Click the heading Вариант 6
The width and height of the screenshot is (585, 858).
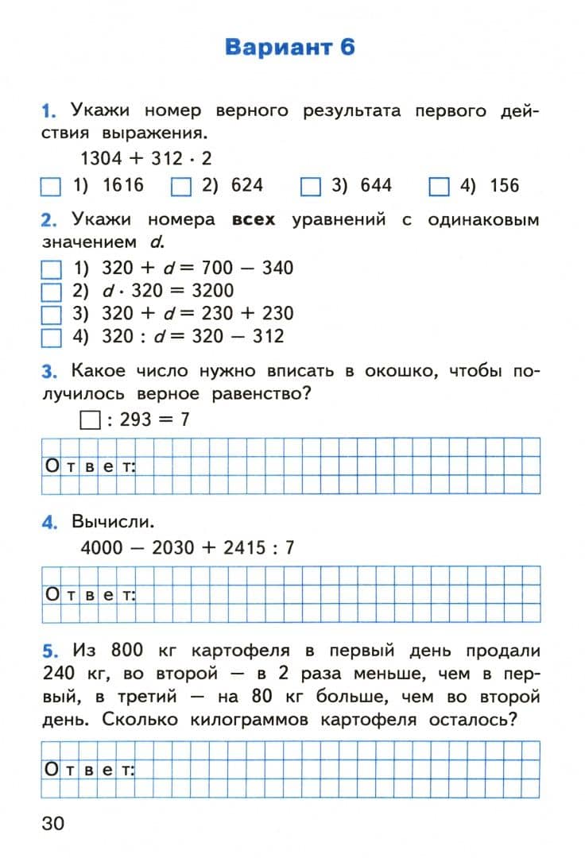(290, 47)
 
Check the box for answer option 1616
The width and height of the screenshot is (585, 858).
(51, 187)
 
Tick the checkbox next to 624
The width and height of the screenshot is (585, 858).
(181, 187)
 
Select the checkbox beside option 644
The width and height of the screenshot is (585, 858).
(310, 187)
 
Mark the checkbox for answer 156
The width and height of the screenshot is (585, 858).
(439, 187)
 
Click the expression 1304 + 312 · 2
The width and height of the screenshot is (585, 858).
(146, 158)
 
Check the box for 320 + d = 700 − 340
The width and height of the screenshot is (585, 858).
(51, 269)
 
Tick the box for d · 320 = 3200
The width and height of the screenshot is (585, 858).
(51, 292)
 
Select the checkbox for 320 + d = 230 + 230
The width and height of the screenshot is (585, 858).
(51, 314)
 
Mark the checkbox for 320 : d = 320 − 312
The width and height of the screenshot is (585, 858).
(51, 337)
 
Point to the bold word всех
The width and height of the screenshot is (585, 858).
(254, 219)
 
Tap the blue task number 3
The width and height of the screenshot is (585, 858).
(49, 372)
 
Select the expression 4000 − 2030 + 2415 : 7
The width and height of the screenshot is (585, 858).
(188, 548)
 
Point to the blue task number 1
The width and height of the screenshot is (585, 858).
(49, 111)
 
